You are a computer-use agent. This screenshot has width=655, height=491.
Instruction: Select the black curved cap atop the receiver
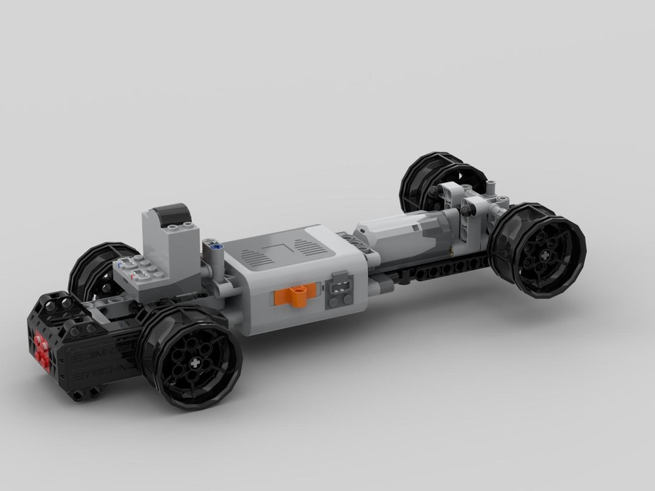(168, 214)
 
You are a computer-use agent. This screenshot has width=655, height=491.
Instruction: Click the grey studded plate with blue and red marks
(138, 270)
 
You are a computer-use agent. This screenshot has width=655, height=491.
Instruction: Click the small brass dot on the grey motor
(452, 251)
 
